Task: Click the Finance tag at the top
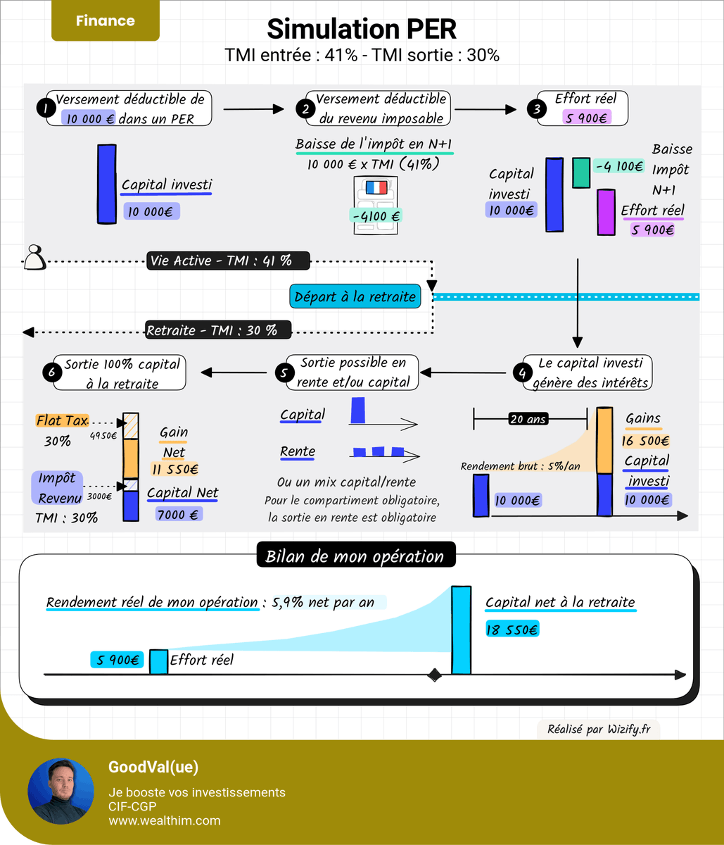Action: [x=106, y=20]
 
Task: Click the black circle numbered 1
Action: [x=46, y=108]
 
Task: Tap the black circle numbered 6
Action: [x=52, y=372]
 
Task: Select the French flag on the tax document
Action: [x=376, y=187]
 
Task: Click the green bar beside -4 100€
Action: [x=581, y=173]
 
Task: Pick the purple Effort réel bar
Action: [x=606, y=212]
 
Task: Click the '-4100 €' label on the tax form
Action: [x=376, y=215]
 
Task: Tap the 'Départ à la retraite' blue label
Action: [x=355, y=296]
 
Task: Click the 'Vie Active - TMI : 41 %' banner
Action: [x=228, y=261]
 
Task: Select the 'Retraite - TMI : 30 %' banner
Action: [x=218, y=330]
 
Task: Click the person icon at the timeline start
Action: [x=34, y=257]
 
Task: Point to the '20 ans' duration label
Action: [x=528, y=418]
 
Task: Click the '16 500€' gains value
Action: [x=645, y=441]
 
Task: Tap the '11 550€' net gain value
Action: [x=175, y=469]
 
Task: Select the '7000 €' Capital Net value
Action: [x=179, y=514]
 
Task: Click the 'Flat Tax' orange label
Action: [x=62, y=420]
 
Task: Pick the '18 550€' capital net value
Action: [x=512, y=629]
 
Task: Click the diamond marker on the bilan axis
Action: [x=434, y=675]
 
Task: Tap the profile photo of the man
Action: [x=61, y=791]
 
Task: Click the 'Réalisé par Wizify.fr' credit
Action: [x=599, y=730]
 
